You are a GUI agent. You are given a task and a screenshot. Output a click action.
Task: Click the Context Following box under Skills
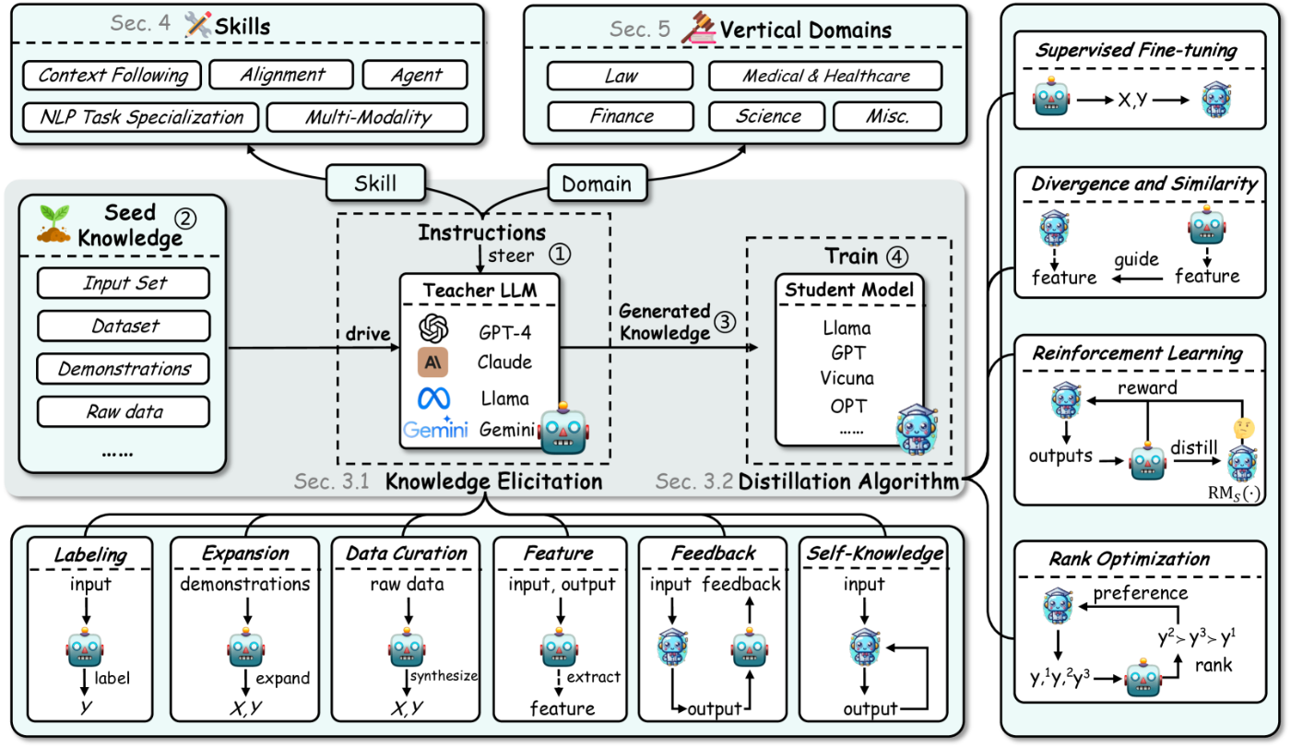pos(113,76)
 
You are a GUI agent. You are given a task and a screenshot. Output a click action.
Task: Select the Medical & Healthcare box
pos(825,76)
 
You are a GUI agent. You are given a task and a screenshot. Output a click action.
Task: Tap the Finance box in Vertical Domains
pos(621,116)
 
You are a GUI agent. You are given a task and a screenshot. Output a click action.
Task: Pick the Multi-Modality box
pos(368,117)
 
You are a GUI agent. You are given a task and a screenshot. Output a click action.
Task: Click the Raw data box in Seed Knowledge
pos(124,412)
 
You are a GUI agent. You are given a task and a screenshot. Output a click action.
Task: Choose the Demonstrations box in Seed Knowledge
pos(124,369)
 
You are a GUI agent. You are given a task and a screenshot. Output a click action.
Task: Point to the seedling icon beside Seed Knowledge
pos(53,223)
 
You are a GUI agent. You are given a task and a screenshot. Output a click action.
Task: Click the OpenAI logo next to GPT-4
pos(433,329)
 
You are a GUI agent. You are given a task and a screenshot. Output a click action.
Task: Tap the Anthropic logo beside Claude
pos(432,362)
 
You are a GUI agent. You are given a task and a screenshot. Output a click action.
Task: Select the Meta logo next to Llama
pos(434,398)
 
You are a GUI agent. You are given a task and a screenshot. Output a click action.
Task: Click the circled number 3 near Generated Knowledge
pos(726,322)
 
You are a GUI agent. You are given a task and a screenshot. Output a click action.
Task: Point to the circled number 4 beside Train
pos(896,257)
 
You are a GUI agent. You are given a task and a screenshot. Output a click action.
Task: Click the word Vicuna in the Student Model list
pos(847,378)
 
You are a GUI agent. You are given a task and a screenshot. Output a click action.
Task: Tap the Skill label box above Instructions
pos(376,184)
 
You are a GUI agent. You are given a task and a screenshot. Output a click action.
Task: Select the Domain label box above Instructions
pos(598,184)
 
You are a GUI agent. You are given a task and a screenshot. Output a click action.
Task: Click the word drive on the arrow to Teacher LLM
pos(368,334)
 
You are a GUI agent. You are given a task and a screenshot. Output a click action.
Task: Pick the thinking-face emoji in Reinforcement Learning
pos(1244,428)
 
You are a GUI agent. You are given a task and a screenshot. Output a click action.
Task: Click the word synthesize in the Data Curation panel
pos(444,676)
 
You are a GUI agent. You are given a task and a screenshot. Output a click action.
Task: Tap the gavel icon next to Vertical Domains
pos(699,28)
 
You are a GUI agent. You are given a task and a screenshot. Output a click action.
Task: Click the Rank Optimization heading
pos(1129,558)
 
